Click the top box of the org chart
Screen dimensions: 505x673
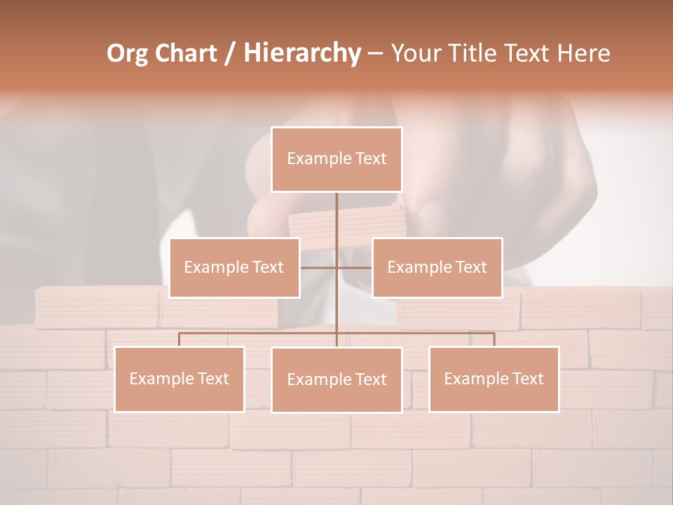point(336,159)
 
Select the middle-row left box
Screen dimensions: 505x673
point(234,267)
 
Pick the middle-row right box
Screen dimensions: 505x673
point(437,267)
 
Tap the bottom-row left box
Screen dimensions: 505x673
point(179,379)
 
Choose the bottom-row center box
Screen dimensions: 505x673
point(336,379)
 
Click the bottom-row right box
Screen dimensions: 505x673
point(494,379)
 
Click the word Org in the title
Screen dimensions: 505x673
point(127,53)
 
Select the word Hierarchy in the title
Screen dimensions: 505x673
point(302,53)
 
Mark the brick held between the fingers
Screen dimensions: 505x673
point(346,223)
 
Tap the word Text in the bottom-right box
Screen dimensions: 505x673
point(527,379)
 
